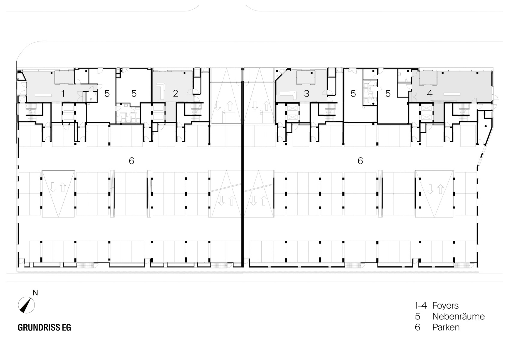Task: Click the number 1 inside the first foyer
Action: click(63, 94)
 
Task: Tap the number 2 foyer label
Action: click(176, 93)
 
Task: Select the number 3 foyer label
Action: click(306, 94)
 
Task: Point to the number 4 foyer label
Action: click(429, 94)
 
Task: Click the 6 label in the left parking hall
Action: click(131, 161)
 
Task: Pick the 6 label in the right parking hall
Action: click(360, 161)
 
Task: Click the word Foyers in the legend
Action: click(445, 306)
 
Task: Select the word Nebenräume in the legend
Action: click(458, 316)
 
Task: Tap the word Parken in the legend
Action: click(446, 327)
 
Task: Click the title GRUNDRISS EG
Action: click(44, 328)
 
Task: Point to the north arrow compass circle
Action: click(26, 305)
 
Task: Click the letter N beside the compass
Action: click(35, 293)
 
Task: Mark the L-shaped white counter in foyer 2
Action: click(161, 91)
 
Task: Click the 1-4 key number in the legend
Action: click(420, 306)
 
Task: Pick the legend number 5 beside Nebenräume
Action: click(417, 316)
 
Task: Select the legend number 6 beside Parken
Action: click(417, 327)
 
